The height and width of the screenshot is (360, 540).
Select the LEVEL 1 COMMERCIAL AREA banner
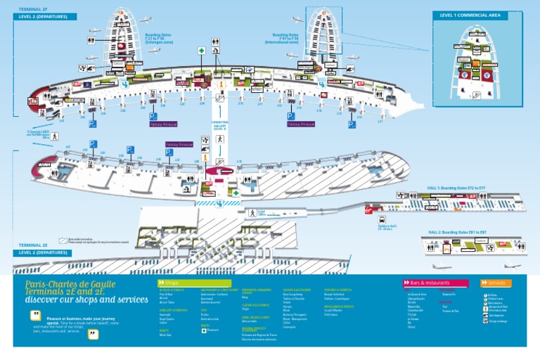click(470, 15)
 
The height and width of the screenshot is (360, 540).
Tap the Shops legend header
click(169, 283)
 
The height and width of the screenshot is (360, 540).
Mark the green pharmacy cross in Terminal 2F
click(201, 51)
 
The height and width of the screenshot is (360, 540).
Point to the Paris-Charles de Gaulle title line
click(70, 285)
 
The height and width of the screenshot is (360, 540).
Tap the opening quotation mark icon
click(35, 315)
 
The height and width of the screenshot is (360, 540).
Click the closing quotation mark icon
click(92, 333)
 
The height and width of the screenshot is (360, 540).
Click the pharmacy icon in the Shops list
click(204, 330)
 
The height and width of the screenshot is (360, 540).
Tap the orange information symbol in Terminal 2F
click(221, 84)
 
